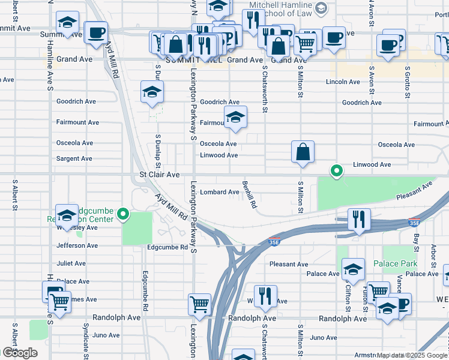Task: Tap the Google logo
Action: (x=20, y=352)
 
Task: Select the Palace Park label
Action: (x=394, y=263)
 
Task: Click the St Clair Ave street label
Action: (x=159, y=175)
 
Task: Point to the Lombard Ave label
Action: (x=220, y=192)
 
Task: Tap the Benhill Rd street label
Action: (x=249, y=194)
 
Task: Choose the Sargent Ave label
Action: (x=74, y=159)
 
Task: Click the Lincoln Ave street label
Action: (x=343, y=82)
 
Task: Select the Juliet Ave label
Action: (x=71, y=263)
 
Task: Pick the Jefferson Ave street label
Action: (x=76, y=245)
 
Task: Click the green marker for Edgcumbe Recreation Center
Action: (x=124, y=214)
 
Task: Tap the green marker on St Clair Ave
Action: (x=337, y=172)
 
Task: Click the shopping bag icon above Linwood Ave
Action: (x=303, y=153)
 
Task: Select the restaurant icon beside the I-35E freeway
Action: (x=359, y=220)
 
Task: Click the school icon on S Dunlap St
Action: (x=152, y=92)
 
